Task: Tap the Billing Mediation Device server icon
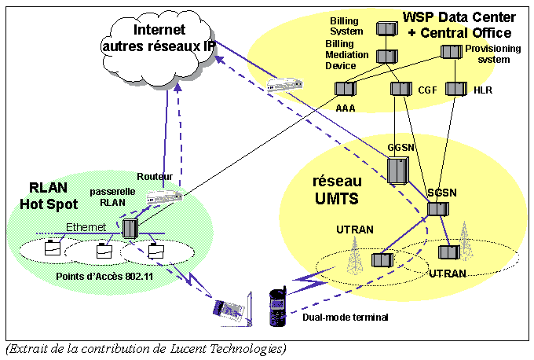point(385,57)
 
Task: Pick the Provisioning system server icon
point(450,53)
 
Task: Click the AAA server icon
point(346,89)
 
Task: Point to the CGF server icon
point(401,90)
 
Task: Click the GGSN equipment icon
point(398,171)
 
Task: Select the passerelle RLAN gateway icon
point(130,229)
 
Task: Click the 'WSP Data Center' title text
point(459,16)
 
